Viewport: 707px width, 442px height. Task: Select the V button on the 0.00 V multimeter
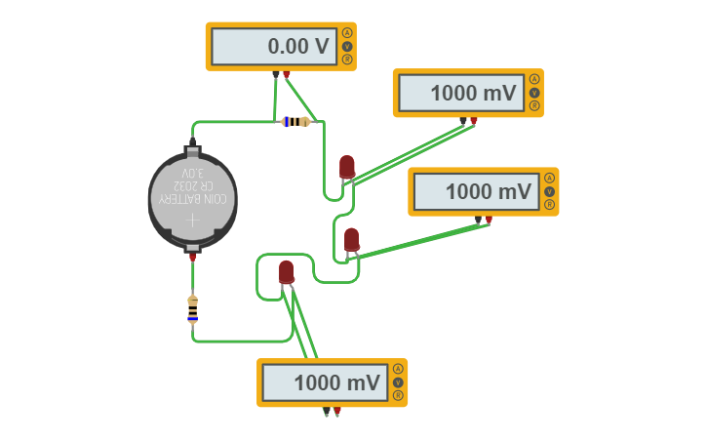[347, 46]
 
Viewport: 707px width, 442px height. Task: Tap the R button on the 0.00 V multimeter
[347, 60]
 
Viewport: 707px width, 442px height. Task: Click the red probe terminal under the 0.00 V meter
[287, 74]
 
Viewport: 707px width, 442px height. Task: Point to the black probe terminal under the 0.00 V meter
[276, 74]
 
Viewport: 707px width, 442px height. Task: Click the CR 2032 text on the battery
[192, 185]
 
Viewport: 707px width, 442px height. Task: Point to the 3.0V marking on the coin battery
[192, 173]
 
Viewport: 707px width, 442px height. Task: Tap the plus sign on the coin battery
[192, 221]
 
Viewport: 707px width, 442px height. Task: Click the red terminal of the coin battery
[192, 257]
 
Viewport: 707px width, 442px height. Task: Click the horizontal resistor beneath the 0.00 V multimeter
[295, 122]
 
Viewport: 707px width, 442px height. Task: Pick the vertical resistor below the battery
[192, 309]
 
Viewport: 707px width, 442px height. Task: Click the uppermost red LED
[346, 167]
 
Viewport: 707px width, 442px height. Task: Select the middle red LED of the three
[351, 239]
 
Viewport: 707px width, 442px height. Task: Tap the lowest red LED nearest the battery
[286, 272]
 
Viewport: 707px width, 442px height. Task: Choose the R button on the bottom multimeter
[398, 396]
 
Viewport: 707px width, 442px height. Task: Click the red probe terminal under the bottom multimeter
[337, 411]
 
